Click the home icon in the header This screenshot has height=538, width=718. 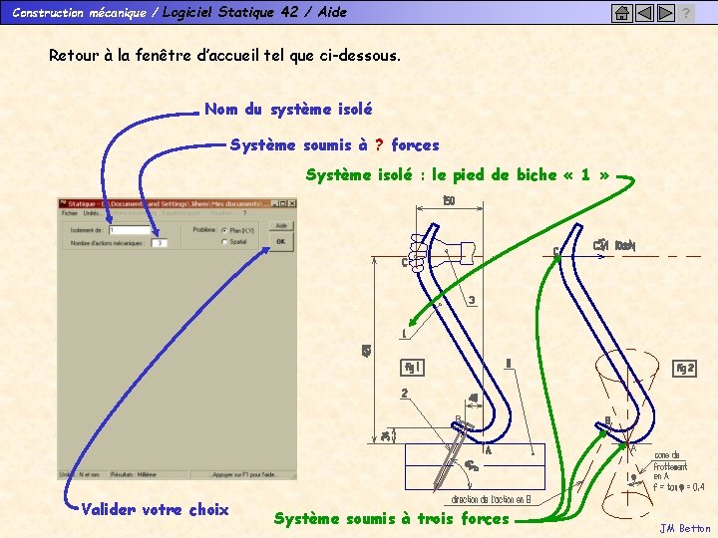pyautogui.click(x=620, y=13)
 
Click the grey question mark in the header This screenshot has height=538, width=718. pyautogui.click(x=686, y=13)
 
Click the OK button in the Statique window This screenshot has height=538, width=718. pyautogui.click(x=280, y=241)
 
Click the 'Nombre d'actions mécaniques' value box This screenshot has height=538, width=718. pyautogui.click(x=159, y=242)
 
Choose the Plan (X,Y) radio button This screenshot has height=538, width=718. pyautogui.click(x=224, y=230)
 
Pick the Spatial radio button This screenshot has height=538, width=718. pyautogui.click(x=224, y=241)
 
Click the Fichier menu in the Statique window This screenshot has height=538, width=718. pyautogui.click(x=70, y=213)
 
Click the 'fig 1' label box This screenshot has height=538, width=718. pyautogui.click(x=412, y=366)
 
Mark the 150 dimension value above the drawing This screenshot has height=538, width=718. pyautogui.click(x=449, y=200)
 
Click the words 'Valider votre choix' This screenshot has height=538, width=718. pyautogui.click(x=155, y=509)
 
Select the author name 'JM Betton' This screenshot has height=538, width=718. pyautogui.click(x=685, y=528)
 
